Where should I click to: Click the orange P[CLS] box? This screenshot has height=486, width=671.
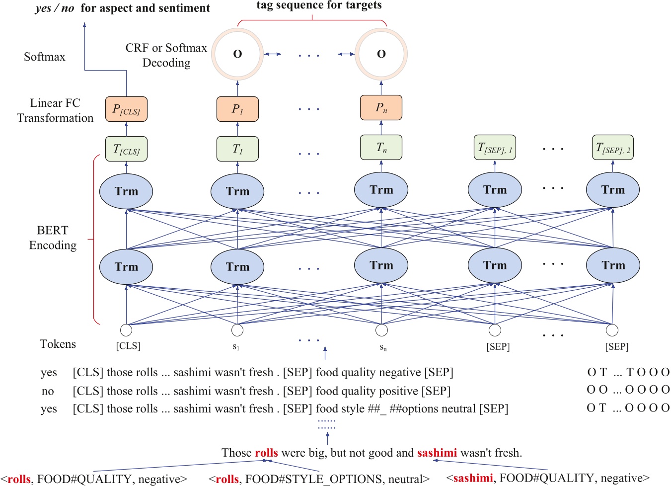[126, 109]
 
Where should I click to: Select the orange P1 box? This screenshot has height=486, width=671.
[237, 109]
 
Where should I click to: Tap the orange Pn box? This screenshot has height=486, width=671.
[381, 108]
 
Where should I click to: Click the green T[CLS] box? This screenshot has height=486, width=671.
[126, 149]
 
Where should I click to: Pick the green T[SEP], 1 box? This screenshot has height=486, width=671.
[495, 148]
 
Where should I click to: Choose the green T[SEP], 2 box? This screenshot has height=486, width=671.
[612, 148]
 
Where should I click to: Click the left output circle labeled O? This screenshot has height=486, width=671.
[237, 54]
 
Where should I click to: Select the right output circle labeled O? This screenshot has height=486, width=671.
[381, 54]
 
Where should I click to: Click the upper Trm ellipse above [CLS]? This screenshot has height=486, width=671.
[126, 192]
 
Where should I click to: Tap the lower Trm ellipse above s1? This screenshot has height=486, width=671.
[237, 267]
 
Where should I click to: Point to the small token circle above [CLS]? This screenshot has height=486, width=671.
[126, 330]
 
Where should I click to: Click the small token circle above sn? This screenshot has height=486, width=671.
[381, 330]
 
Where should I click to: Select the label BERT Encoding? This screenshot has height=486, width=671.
[53, 238]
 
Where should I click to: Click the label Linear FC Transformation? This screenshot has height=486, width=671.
[55, 110]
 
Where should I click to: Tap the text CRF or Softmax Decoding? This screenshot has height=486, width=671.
[166, 55]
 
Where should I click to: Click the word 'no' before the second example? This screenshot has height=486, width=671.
[48, 391]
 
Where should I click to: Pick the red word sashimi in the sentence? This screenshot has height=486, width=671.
[437, 453]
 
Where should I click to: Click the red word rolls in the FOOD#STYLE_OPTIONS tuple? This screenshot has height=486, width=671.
[227, 479]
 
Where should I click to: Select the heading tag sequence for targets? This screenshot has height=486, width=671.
[319, 5]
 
